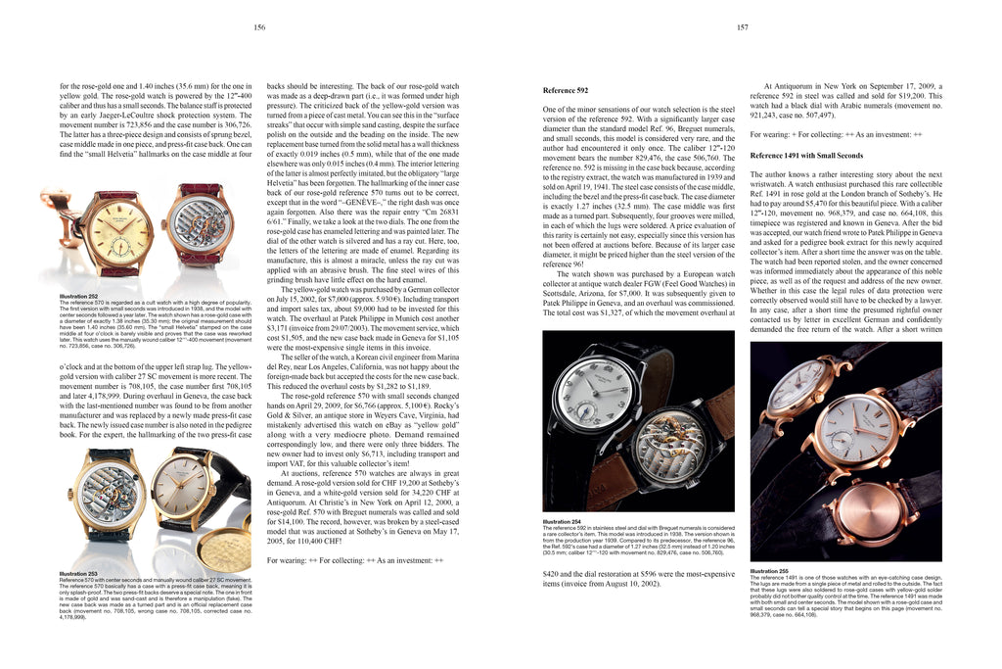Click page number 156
click(x=259, y=28)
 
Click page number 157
click(x=743, y=28)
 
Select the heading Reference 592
click(x=570, y=90)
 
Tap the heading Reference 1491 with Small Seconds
click(x=806, y=156)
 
